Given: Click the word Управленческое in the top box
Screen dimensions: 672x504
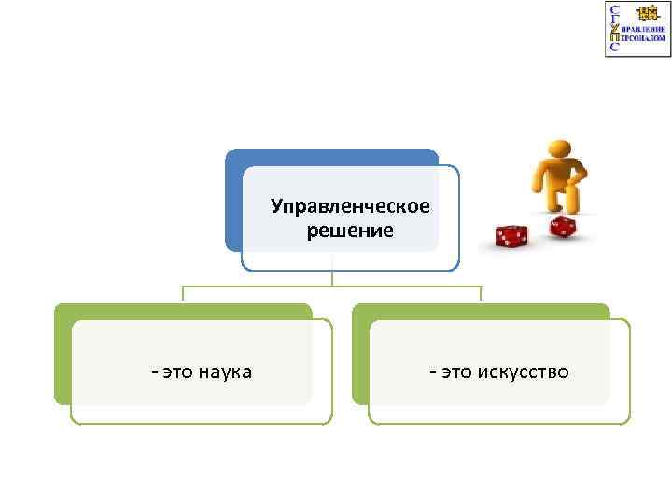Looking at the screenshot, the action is (351, 205).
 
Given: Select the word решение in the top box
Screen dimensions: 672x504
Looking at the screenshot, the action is (351, 230).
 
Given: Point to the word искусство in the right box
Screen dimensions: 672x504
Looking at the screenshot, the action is (524, 372).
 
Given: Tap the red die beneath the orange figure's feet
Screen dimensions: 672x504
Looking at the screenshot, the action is (561, 226).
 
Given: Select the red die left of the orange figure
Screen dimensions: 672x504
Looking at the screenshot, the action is (511, 237).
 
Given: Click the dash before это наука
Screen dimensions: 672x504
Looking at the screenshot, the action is (154, 372).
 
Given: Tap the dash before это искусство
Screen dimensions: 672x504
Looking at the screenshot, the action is (432, 372).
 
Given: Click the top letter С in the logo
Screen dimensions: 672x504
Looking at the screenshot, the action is (613, 9).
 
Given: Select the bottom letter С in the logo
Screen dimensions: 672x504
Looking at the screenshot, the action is (613, 47).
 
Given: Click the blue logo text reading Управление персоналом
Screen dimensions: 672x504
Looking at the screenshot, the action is (643, 35).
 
